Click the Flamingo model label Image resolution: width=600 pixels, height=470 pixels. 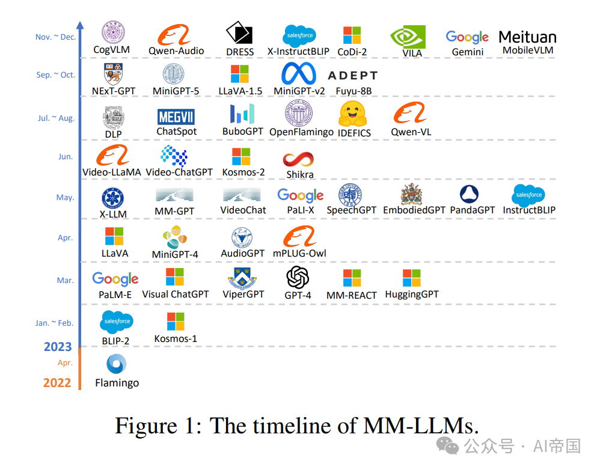[117, 383]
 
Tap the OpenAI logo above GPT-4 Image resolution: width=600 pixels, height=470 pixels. [298, 277]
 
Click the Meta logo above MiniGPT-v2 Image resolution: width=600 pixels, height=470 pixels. [299, 74]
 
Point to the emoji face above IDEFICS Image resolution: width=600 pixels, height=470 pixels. [354, 114]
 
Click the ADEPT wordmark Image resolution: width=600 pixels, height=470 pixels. [352, 76]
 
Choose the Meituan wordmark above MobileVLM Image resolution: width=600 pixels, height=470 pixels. [527, 37]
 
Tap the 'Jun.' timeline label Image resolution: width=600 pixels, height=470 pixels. [65, 157]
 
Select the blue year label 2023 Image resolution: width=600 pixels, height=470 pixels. [57, 347]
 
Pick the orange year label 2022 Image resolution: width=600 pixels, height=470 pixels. [57, 383]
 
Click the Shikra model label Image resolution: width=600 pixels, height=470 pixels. [299, 174]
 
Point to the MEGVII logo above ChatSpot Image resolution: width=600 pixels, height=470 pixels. [176, 117]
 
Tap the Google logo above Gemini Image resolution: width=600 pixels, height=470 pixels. [467, 37]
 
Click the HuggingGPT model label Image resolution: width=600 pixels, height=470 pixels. [412, 295]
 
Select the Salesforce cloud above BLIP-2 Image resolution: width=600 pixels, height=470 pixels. [117, 322]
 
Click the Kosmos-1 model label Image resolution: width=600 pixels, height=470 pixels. [176, 338]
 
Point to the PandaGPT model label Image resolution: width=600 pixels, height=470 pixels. [472, 210]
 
